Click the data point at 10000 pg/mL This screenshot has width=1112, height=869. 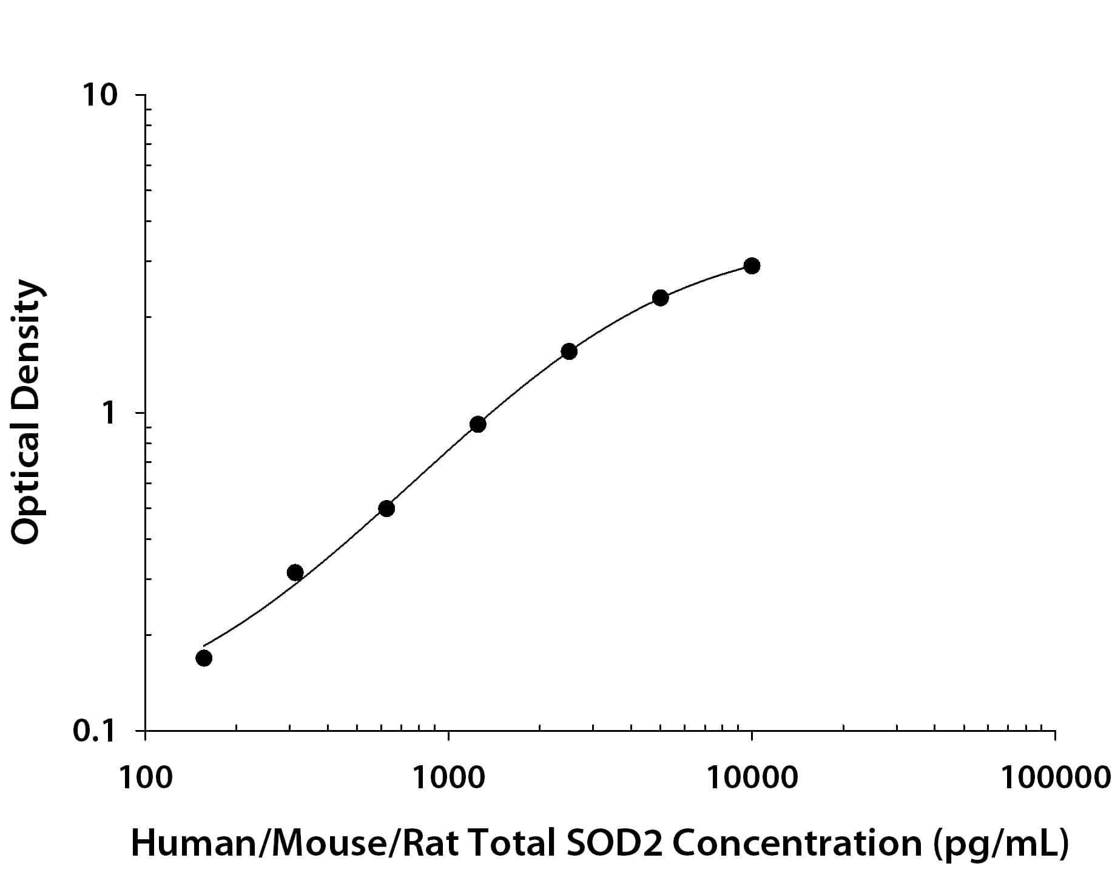[752, 265]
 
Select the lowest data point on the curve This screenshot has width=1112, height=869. [204, 658]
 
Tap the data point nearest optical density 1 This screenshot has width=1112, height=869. [477, 424]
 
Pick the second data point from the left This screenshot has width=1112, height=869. [295, 572]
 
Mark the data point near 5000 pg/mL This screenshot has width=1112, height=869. [660, 297]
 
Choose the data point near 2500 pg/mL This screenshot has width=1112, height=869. [568, 351]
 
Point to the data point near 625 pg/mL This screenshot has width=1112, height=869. [386, 509]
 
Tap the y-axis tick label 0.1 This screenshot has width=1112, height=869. [95, 731]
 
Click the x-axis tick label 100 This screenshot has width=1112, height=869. [146, 778]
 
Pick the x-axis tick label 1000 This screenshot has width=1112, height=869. [449, 778]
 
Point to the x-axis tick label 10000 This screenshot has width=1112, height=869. [752, 778]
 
